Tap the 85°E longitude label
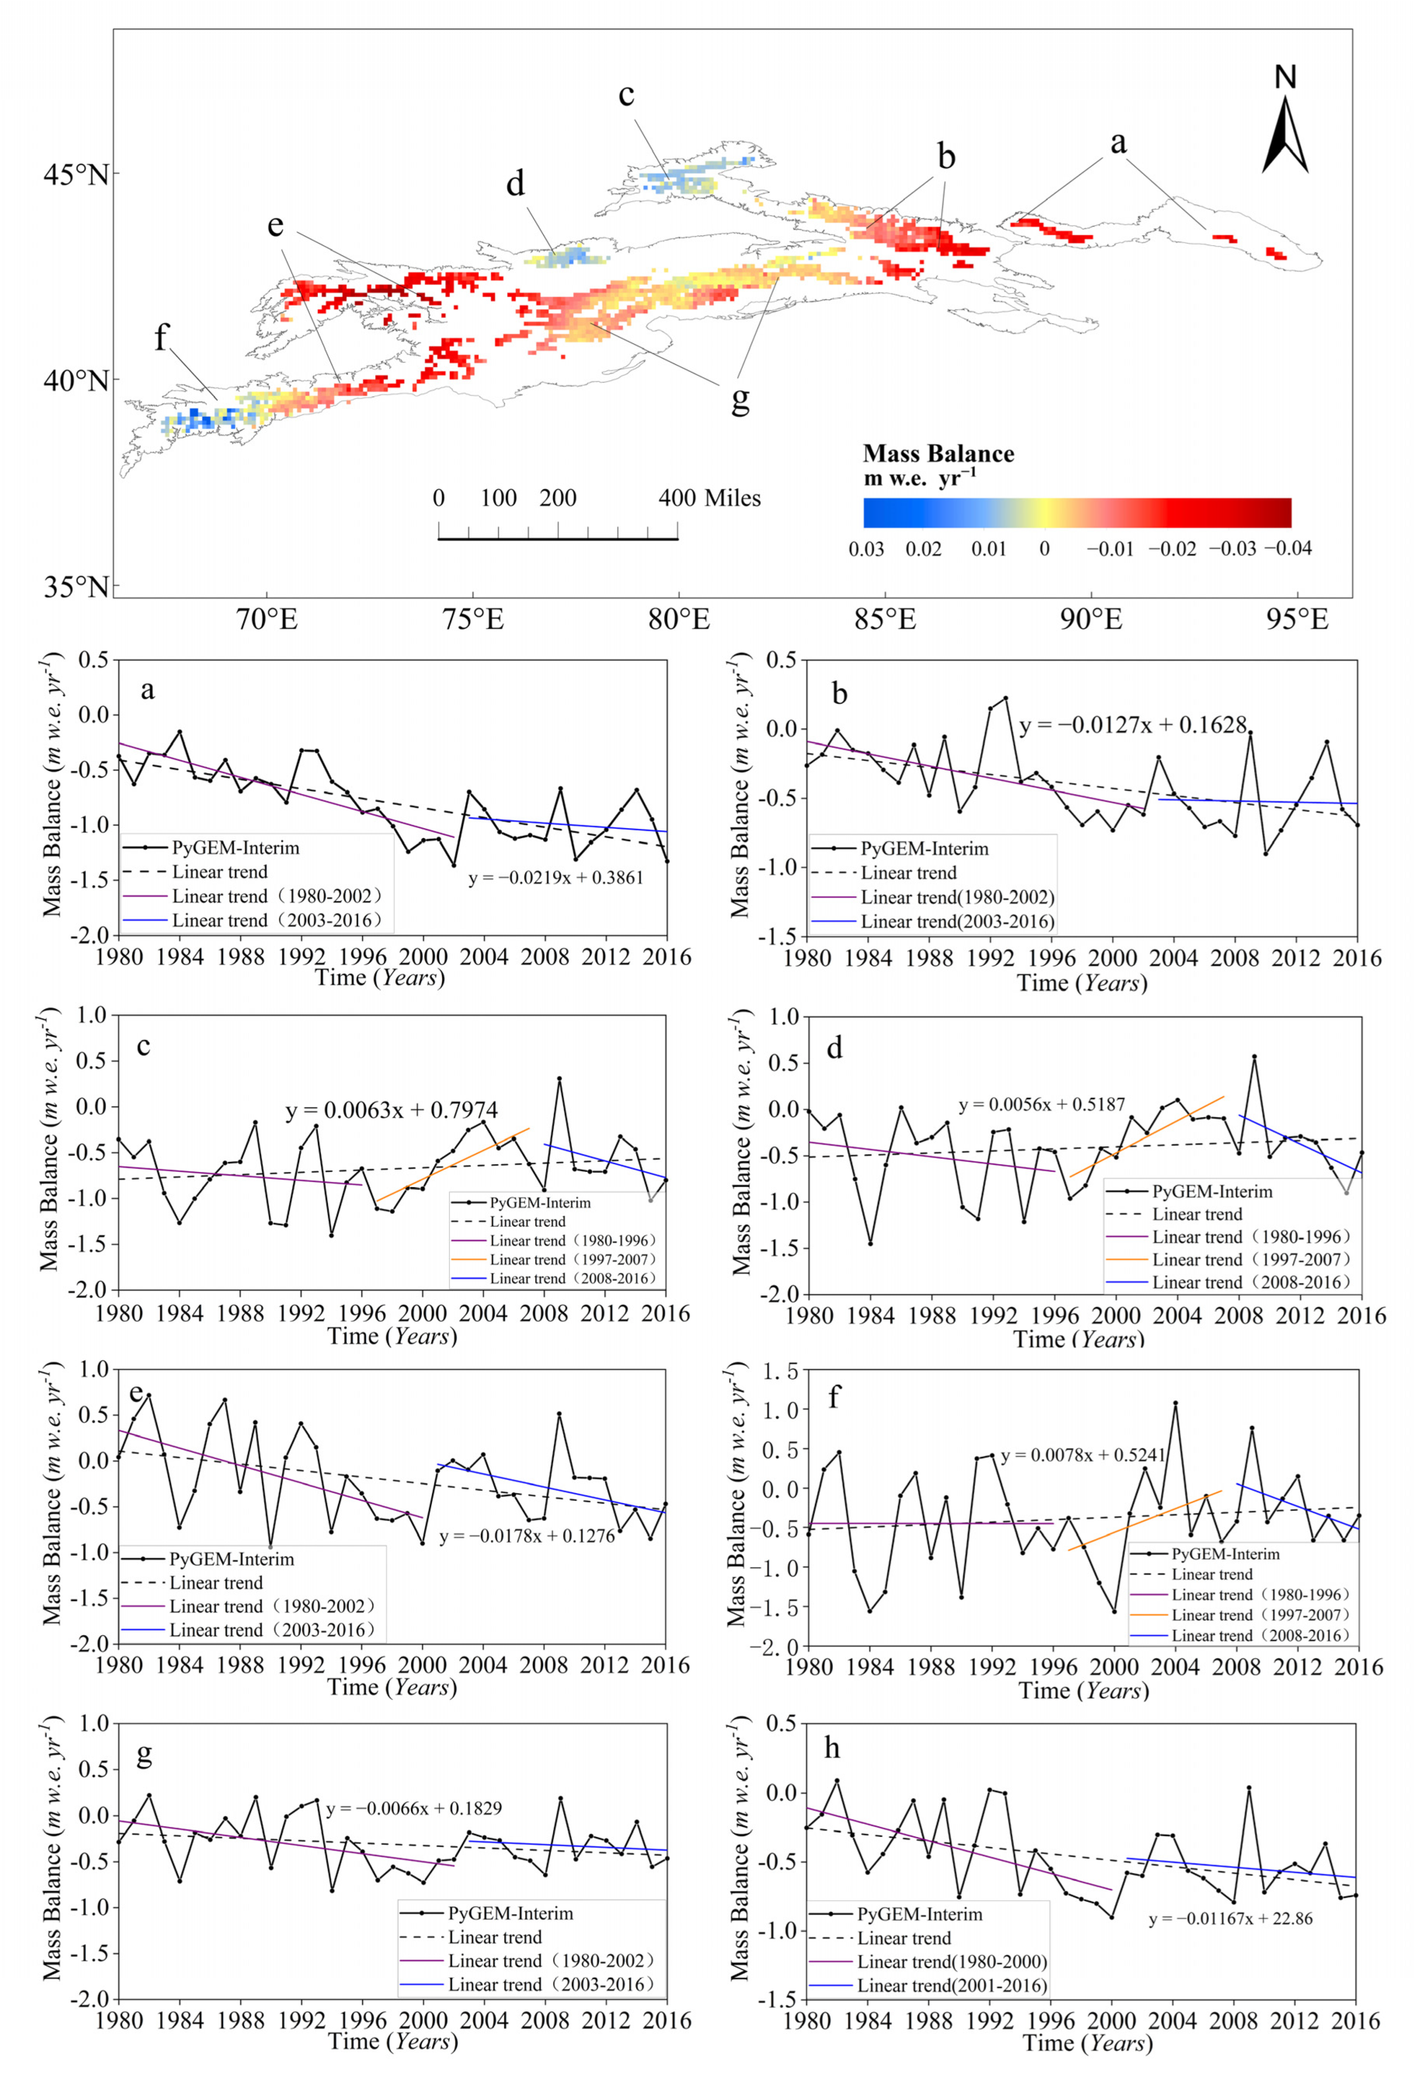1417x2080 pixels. pos(885,618)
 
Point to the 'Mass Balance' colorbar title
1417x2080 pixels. pos(938,454)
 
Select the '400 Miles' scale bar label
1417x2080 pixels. pos(709,498)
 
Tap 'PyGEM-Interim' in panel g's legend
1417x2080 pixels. pos(510,1913)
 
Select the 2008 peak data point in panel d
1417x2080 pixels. pos(1254,1057)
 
